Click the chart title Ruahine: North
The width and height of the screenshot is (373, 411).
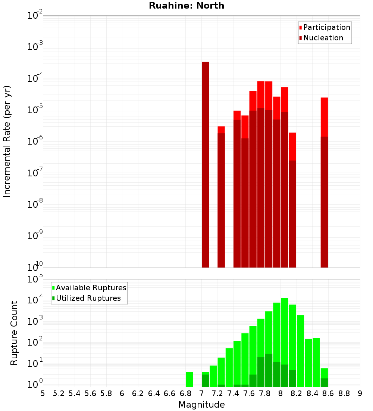pos(186,6)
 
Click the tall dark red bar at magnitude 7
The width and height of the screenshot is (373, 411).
pos(205,164)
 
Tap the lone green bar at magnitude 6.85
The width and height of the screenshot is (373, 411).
pos(189,379)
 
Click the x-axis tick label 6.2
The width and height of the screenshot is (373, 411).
pos(138,393)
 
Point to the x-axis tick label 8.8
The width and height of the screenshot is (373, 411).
pos(344,393)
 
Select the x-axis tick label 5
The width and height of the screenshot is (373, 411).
pos(43,393)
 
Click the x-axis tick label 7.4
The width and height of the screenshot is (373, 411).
pos(233,393)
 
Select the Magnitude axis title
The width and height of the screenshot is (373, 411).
pos(201,405)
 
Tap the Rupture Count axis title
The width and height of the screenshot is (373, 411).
pos(14,333)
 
